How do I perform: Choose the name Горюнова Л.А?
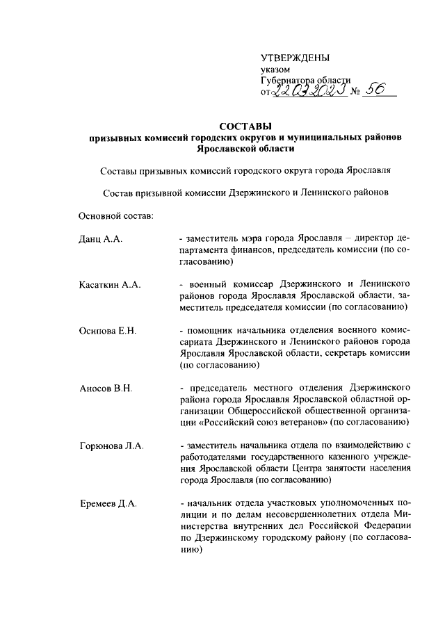pyautogui.click(x=111, y=443)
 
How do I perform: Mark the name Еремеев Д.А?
pyautogui.click(x=108, y=501)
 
